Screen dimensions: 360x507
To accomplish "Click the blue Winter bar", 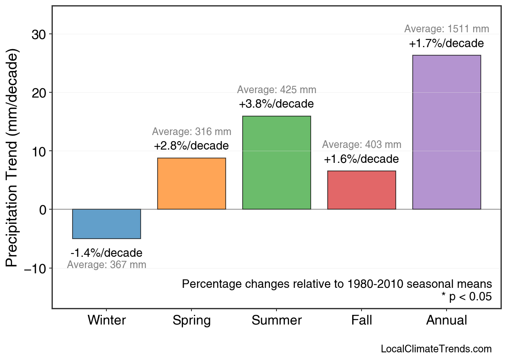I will pyautogui.click(x=106, y=224).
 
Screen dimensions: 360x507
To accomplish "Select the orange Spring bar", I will pyautogui.click(x=191, y=183).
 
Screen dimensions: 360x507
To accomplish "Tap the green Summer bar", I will pyautogui.click(x=276, y=162).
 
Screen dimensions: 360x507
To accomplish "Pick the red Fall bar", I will pyautogui.click(x=362, y=190).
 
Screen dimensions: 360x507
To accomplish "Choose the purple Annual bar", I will pyautogui.click(x=447, y=132).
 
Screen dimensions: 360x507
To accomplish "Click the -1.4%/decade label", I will pyautogui.click(x=106, y=253).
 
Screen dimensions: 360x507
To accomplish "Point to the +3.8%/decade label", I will pyautogui.click(x=276, y=104).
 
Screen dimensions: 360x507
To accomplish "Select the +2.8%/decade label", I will pyautogui.click(x=191, y=146).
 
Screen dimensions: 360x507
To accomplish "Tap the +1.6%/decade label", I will pyautogui.click(x=361, y=159).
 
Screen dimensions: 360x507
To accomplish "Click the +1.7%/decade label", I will pyautogui.click(x=446, y=44).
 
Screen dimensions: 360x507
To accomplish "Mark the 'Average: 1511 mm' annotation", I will pyautogui.click(x=447, y=29).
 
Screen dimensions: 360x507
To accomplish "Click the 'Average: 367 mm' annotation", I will pyautogui.click(x=106, y=265).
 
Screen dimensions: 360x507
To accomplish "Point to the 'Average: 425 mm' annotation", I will pyautogui.click(x=276, y=90).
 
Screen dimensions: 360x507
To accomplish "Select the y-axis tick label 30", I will pyautogui.click(x=39, y=34).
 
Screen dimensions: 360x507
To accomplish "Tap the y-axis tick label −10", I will pyautogui.click(x=35, y=268).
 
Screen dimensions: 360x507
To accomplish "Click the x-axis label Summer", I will pyautogui.click(x=276, y=320).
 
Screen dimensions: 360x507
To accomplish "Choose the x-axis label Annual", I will pyautogui.click(x=447, y=320).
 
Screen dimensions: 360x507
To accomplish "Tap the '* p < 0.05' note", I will pyautogui.click(x=466, y=297).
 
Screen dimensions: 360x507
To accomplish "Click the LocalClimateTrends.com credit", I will pyautogui.click(x=436, y=349).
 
